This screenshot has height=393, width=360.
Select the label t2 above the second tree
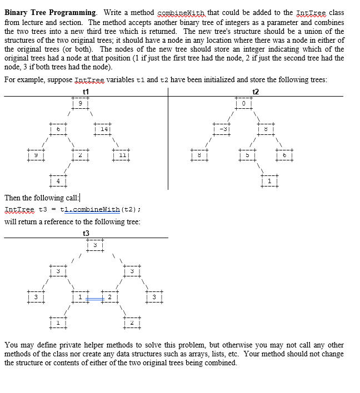255,92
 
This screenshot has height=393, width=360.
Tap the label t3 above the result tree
86,233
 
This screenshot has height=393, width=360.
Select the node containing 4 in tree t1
58,180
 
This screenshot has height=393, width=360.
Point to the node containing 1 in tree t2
269,180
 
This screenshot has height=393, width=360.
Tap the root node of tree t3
95,244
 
